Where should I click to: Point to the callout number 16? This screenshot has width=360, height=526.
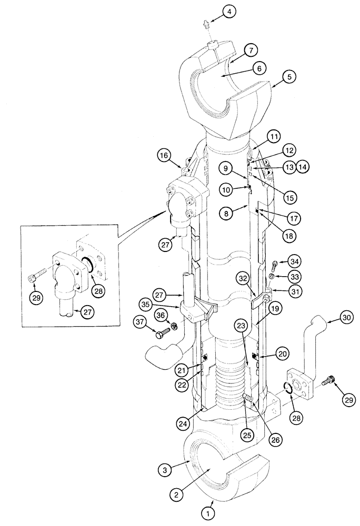(164, 156)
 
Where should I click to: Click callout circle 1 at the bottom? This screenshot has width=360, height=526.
(209, 511)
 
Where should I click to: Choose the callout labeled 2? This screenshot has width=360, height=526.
(177, 494)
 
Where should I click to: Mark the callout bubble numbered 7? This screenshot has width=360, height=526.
(251, 51)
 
